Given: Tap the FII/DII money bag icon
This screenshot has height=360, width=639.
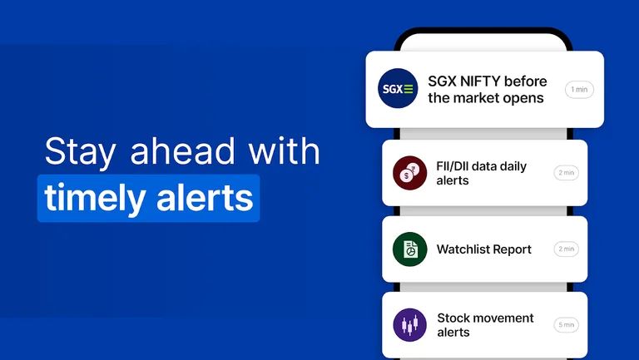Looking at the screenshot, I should pos(409,173).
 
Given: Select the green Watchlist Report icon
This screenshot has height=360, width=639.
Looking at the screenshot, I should pos(409,249).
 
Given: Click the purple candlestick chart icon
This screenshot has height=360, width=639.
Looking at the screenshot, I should pos(409,325).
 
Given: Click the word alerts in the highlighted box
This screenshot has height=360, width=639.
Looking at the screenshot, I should pos(204,199).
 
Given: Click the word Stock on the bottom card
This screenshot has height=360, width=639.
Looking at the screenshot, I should pos(453,318).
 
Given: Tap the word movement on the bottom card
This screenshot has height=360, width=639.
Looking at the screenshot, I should pos(504,318).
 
